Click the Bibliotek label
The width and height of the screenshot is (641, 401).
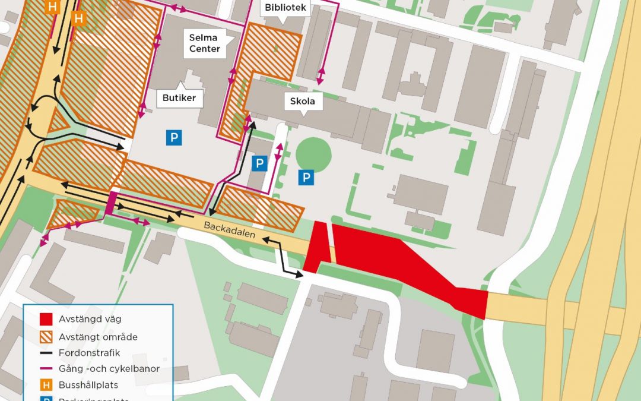click(285, 8)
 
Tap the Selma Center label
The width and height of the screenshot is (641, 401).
click(205, 43)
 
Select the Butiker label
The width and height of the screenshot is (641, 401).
click(180, 97)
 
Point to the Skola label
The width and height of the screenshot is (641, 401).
click(302, 101)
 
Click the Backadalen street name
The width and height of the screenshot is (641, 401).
click(229, 231)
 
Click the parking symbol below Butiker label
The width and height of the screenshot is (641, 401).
click(173, 138)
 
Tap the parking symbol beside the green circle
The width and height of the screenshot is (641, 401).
click(306, 177)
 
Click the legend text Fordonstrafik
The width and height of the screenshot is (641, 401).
click(85, 353)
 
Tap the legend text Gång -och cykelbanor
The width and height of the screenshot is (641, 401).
click(109, 369)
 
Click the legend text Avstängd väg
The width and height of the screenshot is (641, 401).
click(90, 320)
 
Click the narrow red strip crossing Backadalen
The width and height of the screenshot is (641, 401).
click(316, 247)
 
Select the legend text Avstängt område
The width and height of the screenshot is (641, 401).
click(98, 337)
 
